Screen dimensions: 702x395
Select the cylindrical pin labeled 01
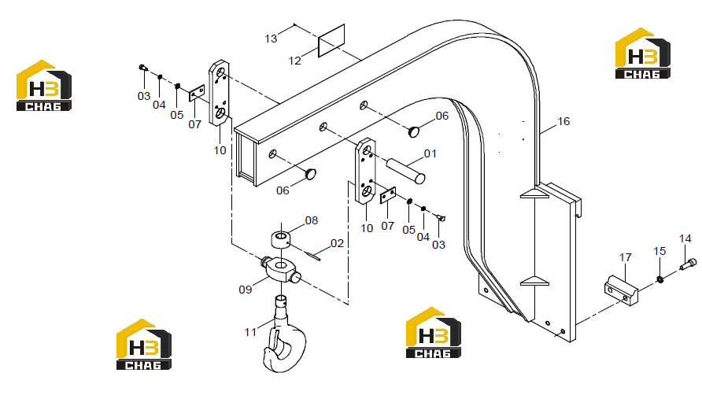(x=405, y=171)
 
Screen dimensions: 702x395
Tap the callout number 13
(x=271, y=39)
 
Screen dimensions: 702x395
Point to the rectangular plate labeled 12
(x=331, y=40)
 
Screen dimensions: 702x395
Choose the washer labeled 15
(x=660, y=279)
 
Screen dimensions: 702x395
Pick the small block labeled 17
(x=621, y=290)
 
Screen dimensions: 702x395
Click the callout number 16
(x=563, y=121)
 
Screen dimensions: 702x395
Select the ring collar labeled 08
(x=281, y=239)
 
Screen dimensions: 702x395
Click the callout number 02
(x=337, y=243)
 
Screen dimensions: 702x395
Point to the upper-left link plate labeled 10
(x=219, y=93)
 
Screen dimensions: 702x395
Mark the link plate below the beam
(x=365, y=171)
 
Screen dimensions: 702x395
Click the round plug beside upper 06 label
(x=414, y=131)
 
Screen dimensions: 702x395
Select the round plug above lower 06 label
(x=311, y=174)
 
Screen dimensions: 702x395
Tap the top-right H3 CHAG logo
(x=643, y=54)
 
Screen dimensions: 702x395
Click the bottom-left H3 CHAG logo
(x=144, y=345)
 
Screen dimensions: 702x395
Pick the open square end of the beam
(x=246, y=159)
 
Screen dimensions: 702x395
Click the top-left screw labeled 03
(x=143, y=68)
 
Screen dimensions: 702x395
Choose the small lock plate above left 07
(x=197, y=93)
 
